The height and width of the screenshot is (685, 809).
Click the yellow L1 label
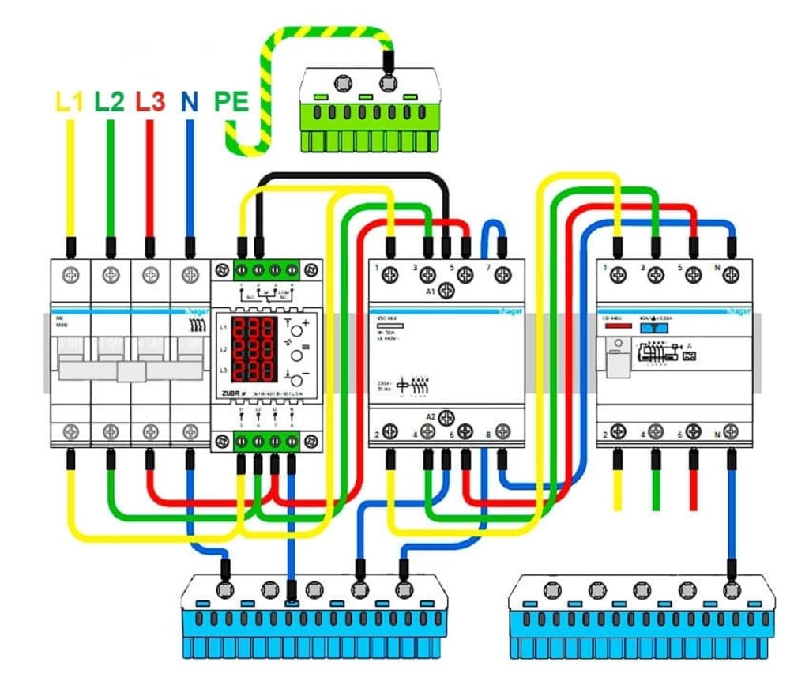[70, 101]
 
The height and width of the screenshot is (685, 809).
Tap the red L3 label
[149, 101]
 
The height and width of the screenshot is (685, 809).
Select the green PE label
[231, 102]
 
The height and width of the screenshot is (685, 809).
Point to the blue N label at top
[189, 101]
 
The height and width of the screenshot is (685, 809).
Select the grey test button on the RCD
[617, 363]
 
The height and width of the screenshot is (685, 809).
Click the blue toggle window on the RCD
[652, 327]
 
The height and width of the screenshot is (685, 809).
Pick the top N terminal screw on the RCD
[732, 274]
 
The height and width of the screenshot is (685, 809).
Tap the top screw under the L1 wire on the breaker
[72, 275]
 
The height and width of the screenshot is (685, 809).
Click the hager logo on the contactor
[510, 311]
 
